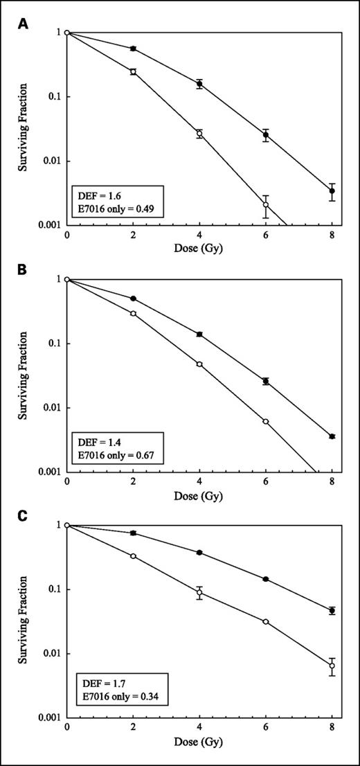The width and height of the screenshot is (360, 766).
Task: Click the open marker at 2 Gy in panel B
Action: [133, 313]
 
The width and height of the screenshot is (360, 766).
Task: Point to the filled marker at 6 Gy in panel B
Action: [266, 381]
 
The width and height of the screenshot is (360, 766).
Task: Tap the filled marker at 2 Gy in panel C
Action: [133, 533]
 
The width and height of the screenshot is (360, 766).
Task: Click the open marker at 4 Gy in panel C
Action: [199, 592]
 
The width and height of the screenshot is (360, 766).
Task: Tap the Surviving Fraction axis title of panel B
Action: [23, 375]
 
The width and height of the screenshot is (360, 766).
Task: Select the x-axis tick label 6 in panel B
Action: [266, 482]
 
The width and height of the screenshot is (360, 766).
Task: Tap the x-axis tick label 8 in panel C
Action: [332, 728]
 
